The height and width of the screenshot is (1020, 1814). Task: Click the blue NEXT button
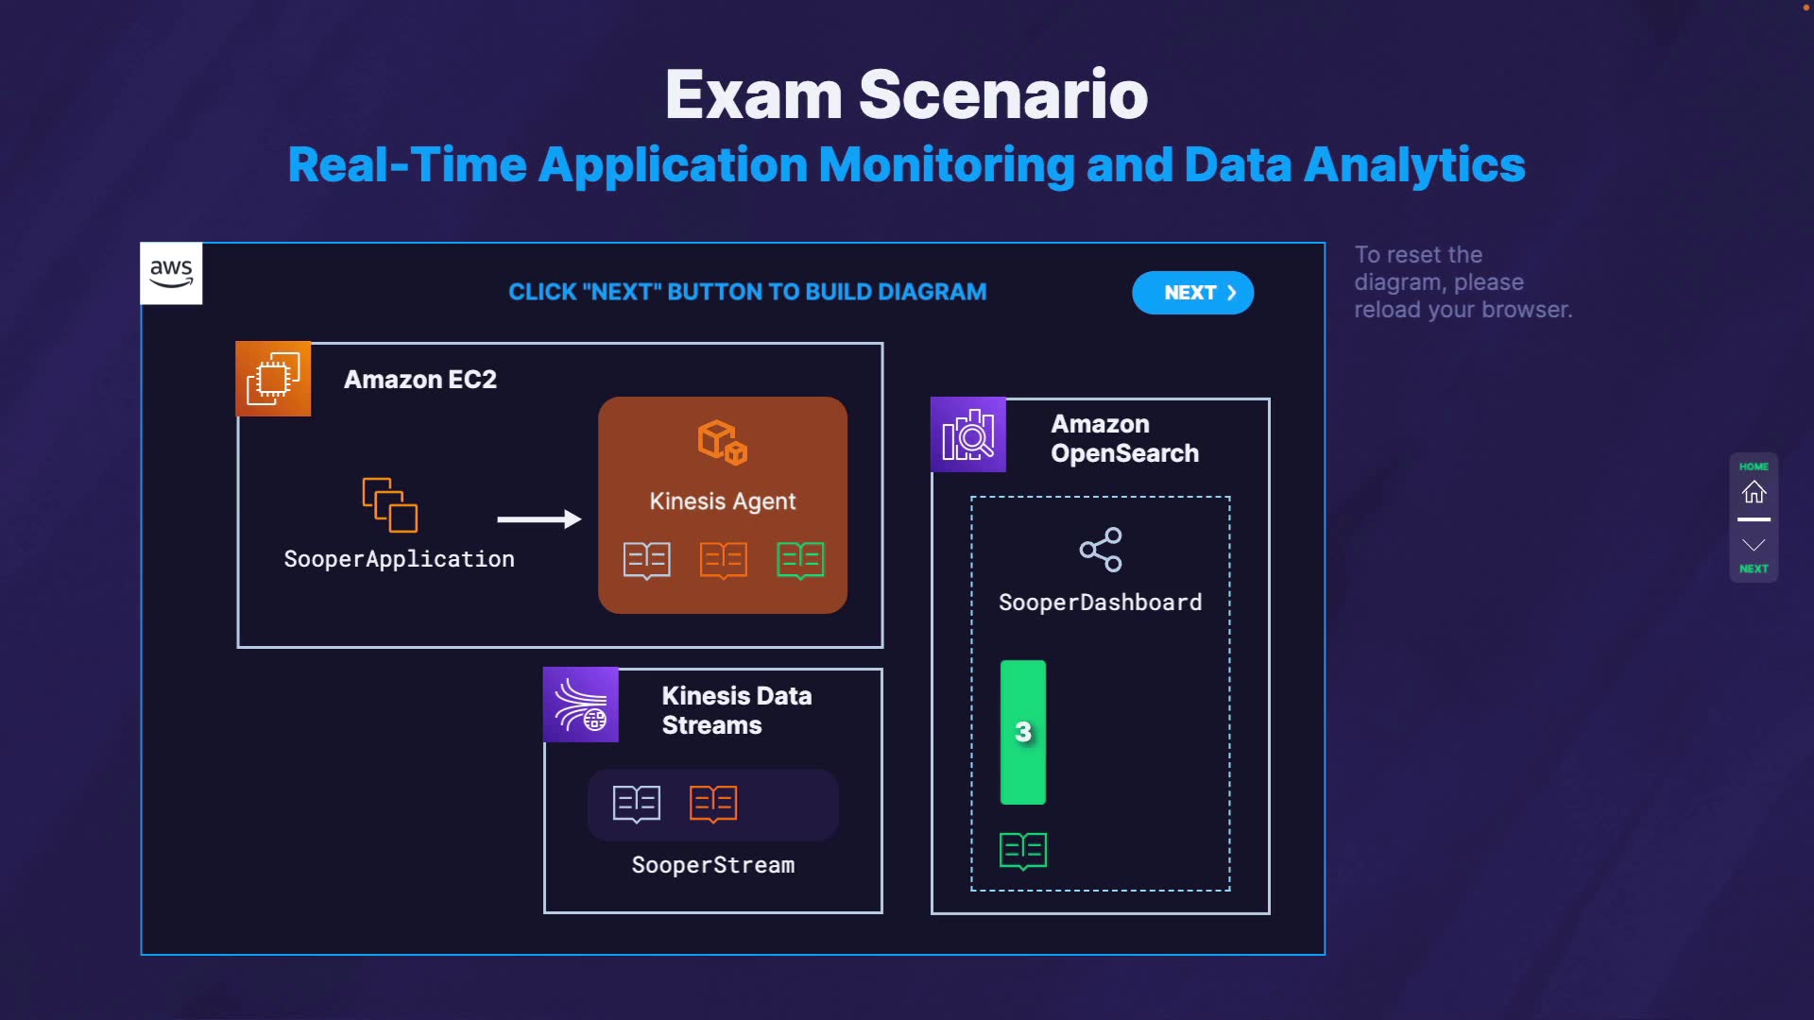click(1192, 293)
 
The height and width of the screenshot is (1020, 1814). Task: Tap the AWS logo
click(171, 274)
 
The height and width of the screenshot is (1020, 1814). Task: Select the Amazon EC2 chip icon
click(273, 379)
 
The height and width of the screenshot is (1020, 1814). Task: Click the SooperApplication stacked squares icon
click(390, 504)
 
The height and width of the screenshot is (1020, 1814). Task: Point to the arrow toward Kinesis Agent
click(539, 518)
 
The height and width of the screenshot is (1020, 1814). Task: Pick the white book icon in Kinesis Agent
click(647, 560)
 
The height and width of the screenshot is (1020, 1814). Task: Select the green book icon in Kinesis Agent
click(800, 560)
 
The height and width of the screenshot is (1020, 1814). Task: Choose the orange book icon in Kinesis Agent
click(724, 560)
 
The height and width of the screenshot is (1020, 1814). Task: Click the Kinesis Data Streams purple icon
click(581, 705)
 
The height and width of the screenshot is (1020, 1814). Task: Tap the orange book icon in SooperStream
click(713, 804)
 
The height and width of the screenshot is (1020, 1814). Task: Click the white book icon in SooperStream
click(637, 804)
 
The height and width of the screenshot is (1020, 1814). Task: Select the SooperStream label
click(713, 865)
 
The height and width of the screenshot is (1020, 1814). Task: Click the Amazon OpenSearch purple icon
click(968, 435)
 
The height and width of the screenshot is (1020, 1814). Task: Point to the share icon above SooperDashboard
click(1101, 550)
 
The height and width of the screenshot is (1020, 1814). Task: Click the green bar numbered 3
click(1023, 732)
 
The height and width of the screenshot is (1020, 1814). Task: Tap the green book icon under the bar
click(1023, 851)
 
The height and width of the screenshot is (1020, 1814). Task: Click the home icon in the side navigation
click(1754, 492)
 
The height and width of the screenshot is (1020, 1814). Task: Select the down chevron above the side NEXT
click(1754, 545)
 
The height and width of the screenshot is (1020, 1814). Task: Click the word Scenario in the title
click(1003, 95)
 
